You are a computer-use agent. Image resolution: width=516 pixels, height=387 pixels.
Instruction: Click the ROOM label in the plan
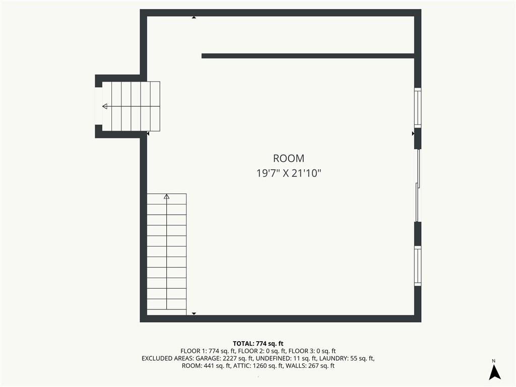coord(289,158)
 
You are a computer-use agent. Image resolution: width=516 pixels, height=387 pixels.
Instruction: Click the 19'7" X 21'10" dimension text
coord(289,173)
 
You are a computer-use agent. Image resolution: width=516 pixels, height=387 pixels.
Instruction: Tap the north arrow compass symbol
coord(494,372)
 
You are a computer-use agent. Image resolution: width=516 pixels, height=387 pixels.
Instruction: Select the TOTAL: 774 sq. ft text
coord(258,344)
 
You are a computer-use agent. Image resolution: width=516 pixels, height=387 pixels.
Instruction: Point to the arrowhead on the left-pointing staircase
coord(105,106)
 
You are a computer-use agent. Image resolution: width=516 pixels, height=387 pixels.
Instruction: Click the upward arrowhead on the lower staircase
coord(166,197)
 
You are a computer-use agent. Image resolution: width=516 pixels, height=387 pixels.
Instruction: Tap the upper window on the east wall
coord(418,108)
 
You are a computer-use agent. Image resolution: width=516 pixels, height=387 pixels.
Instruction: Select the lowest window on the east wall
coord(418,266)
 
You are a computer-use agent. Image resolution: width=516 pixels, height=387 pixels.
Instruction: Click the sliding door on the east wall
coord(418,185)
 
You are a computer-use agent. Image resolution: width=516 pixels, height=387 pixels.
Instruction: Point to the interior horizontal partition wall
coord(308,56)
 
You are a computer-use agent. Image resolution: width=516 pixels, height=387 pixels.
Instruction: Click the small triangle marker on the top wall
coord(194,17)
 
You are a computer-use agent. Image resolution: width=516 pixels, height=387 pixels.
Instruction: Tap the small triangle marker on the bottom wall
coord(194,313)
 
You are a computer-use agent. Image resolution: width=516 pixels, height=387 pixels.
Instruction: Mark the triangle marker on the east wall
coord(413,134)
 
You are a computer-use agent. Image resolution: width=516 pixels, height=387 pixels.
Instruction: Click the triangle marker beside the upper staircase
coord(148,134)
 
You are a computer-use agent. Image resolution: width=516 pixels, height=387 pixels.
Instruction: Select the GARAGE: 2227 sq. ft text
coord(224,358)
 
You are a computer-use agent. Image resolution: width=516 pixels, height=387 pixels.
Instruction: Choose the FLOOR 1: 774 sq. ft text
coord(208,351)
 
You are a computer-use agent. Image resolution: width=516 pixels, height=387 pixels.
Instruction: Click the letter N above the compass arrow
coord(494,361)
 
